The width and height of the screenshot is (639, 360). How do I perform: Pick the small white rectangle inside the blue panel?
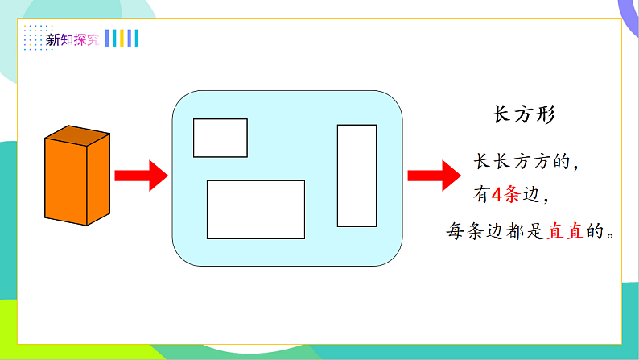(x=220, y=138)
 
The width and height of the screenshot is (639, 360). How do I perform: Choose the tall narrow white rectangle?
(x=357, y=175)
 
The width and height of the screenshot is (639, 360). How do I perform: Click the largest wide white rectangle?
(x=256, y=209)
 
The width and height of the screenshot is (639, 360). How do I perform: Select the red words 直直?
(x=567, y=232)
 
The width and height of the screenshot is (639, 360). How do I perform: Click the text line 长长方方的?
(x=526, y=162)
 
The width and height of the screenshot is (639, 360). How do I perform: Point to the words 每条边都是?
(x=495, y=232)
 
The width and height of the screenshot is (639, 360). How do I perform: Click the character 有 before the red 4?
(x=480, y=196)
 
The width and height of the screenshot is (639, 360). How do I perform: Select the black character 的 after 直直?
(x=596, y=232)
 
